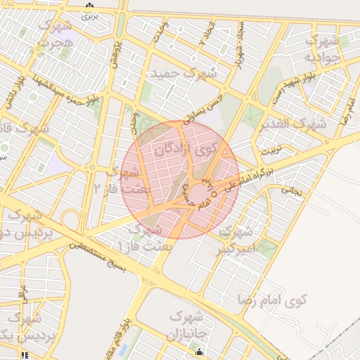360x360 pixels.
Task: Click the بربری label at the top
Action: pyautogui.click(x=89, y=15)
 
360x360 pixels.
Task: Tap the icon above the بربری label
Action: pyautogui.click(x=89, y=6)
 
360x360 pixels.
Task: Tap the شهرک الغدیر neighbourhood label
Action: pyautogui.click(x=302, y=124)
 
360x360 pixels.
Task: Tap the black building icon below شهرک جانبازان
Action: pyautogui.click(x=200, y=352)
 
